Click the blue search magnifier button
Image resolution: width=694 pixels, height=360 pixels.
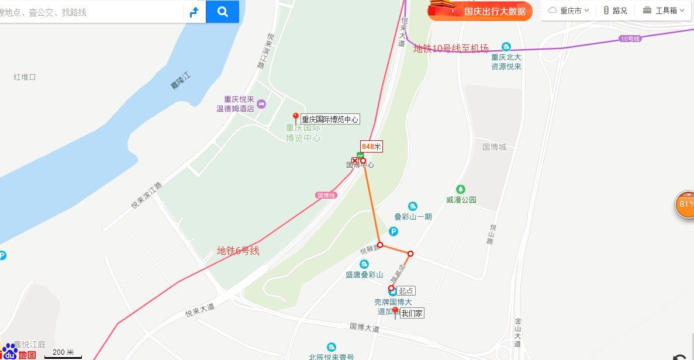222,12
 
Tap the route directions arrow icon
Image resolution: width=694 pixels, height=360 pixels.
194,12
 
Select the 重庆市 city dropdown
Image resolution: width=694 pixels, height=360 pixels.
568,11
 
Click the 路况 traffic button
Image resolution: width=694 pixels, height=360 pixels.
614,11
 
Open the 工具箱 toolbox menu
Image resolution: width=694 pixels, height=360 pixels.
663,11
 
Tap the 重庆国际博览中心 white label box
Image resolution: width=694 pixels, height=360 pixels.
330,119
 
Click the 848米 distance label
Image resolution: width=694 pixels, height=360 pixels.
371,147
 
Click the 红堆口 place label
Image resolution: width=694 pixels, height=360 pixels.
25,77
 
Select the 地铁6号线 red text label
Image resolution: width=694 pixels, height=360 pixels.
238,251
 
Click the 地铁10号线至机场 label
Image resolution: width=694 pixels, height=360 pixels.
451,49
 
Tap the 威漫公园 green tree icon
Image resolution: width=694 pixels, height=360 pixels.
461,189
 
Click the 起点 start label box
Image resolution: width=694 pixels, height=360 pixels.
406,290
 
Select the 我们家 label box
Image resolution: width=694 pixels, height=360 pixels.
412,313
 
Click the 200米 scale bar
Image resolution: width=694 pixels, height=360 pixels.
63,353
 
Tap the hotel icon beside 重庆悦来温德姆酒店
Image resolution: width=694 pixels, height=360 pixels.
261,103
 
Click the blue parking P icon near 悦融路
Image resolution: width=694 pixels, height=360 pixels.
393,232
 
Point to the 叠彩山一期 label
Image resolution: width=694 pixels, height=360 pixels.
413,217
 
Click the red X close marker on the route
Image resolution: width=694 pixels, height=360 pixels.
354,161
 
